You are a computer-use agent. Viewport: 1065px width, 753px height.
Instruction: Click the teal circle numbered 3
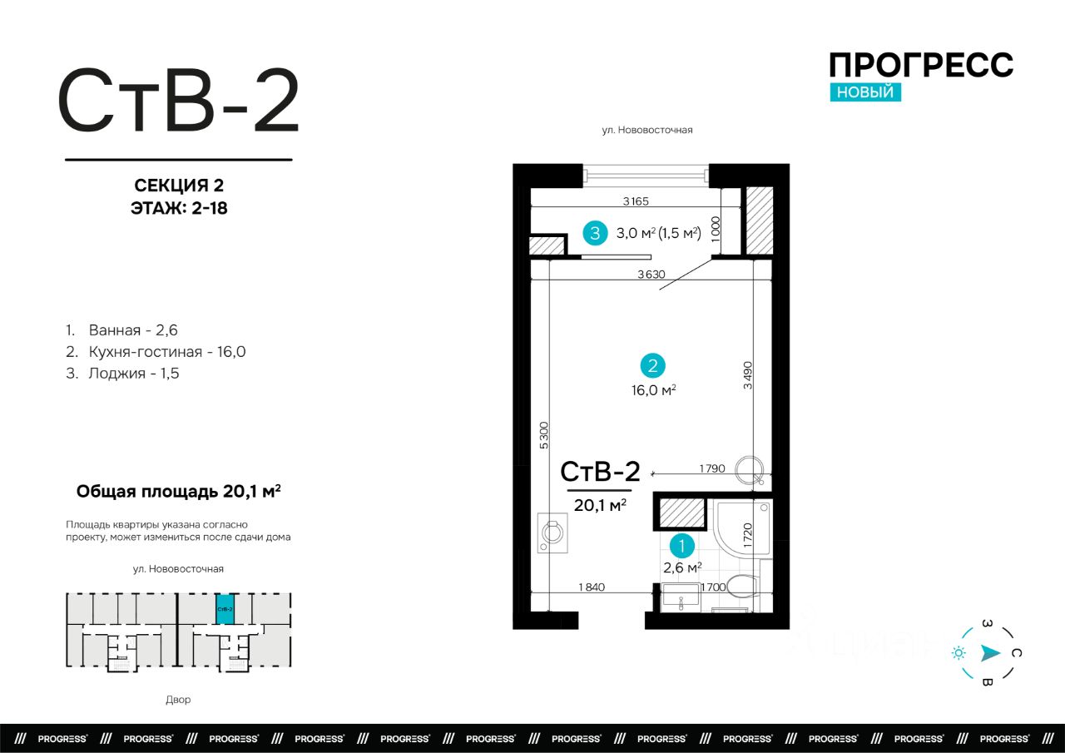pos(595,233)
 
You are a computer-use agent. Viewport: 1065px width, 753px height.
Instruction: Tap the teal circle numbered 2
pos(652,365)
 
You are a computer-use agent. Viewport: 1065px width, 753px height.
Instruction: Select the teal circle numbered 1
pos(681,546)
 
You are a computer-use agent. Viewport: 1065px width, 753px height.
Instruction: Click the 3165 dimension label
pos(636,201)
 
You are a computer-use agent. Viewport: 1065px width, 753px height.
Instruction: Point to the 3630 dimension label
pos(651,275)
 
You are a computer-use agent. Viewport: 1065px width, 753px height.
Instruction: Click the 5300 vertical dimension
pos(544,435)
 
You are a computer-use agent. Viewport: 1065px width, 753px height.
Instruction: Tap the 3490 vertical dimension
pos(748,375)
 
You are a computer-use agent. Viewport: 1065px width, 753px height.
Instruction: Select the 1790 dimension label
pos(711,468)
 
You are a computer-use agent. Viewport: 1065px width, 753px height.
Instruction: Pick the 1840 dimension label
pos(592,587)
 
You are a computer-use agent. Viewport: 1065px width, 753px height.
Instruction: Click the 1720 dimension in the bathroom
pos(748,535)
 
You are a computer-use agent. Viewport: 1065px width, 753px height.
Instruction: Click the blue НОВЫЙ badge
pos(865,92)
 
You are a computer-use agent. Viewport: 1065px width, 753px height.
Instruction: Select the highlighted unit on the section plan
pos(225,609)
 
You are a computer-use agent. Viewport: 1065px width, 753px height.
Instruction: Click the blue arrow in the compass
pos(990,653)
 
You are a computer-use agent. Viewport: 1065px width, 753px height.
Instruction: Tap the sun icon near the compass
pos(958,653)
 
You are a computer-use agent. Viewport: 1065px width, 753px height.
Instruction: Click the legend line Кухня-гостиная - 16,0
pos(156,352)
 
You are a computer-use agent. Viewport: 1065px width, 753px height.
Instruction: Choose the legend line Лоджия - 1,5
pos(122,374)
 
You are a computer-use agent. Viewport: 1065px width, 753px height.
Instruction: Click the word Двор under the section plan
pos(178,700)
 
